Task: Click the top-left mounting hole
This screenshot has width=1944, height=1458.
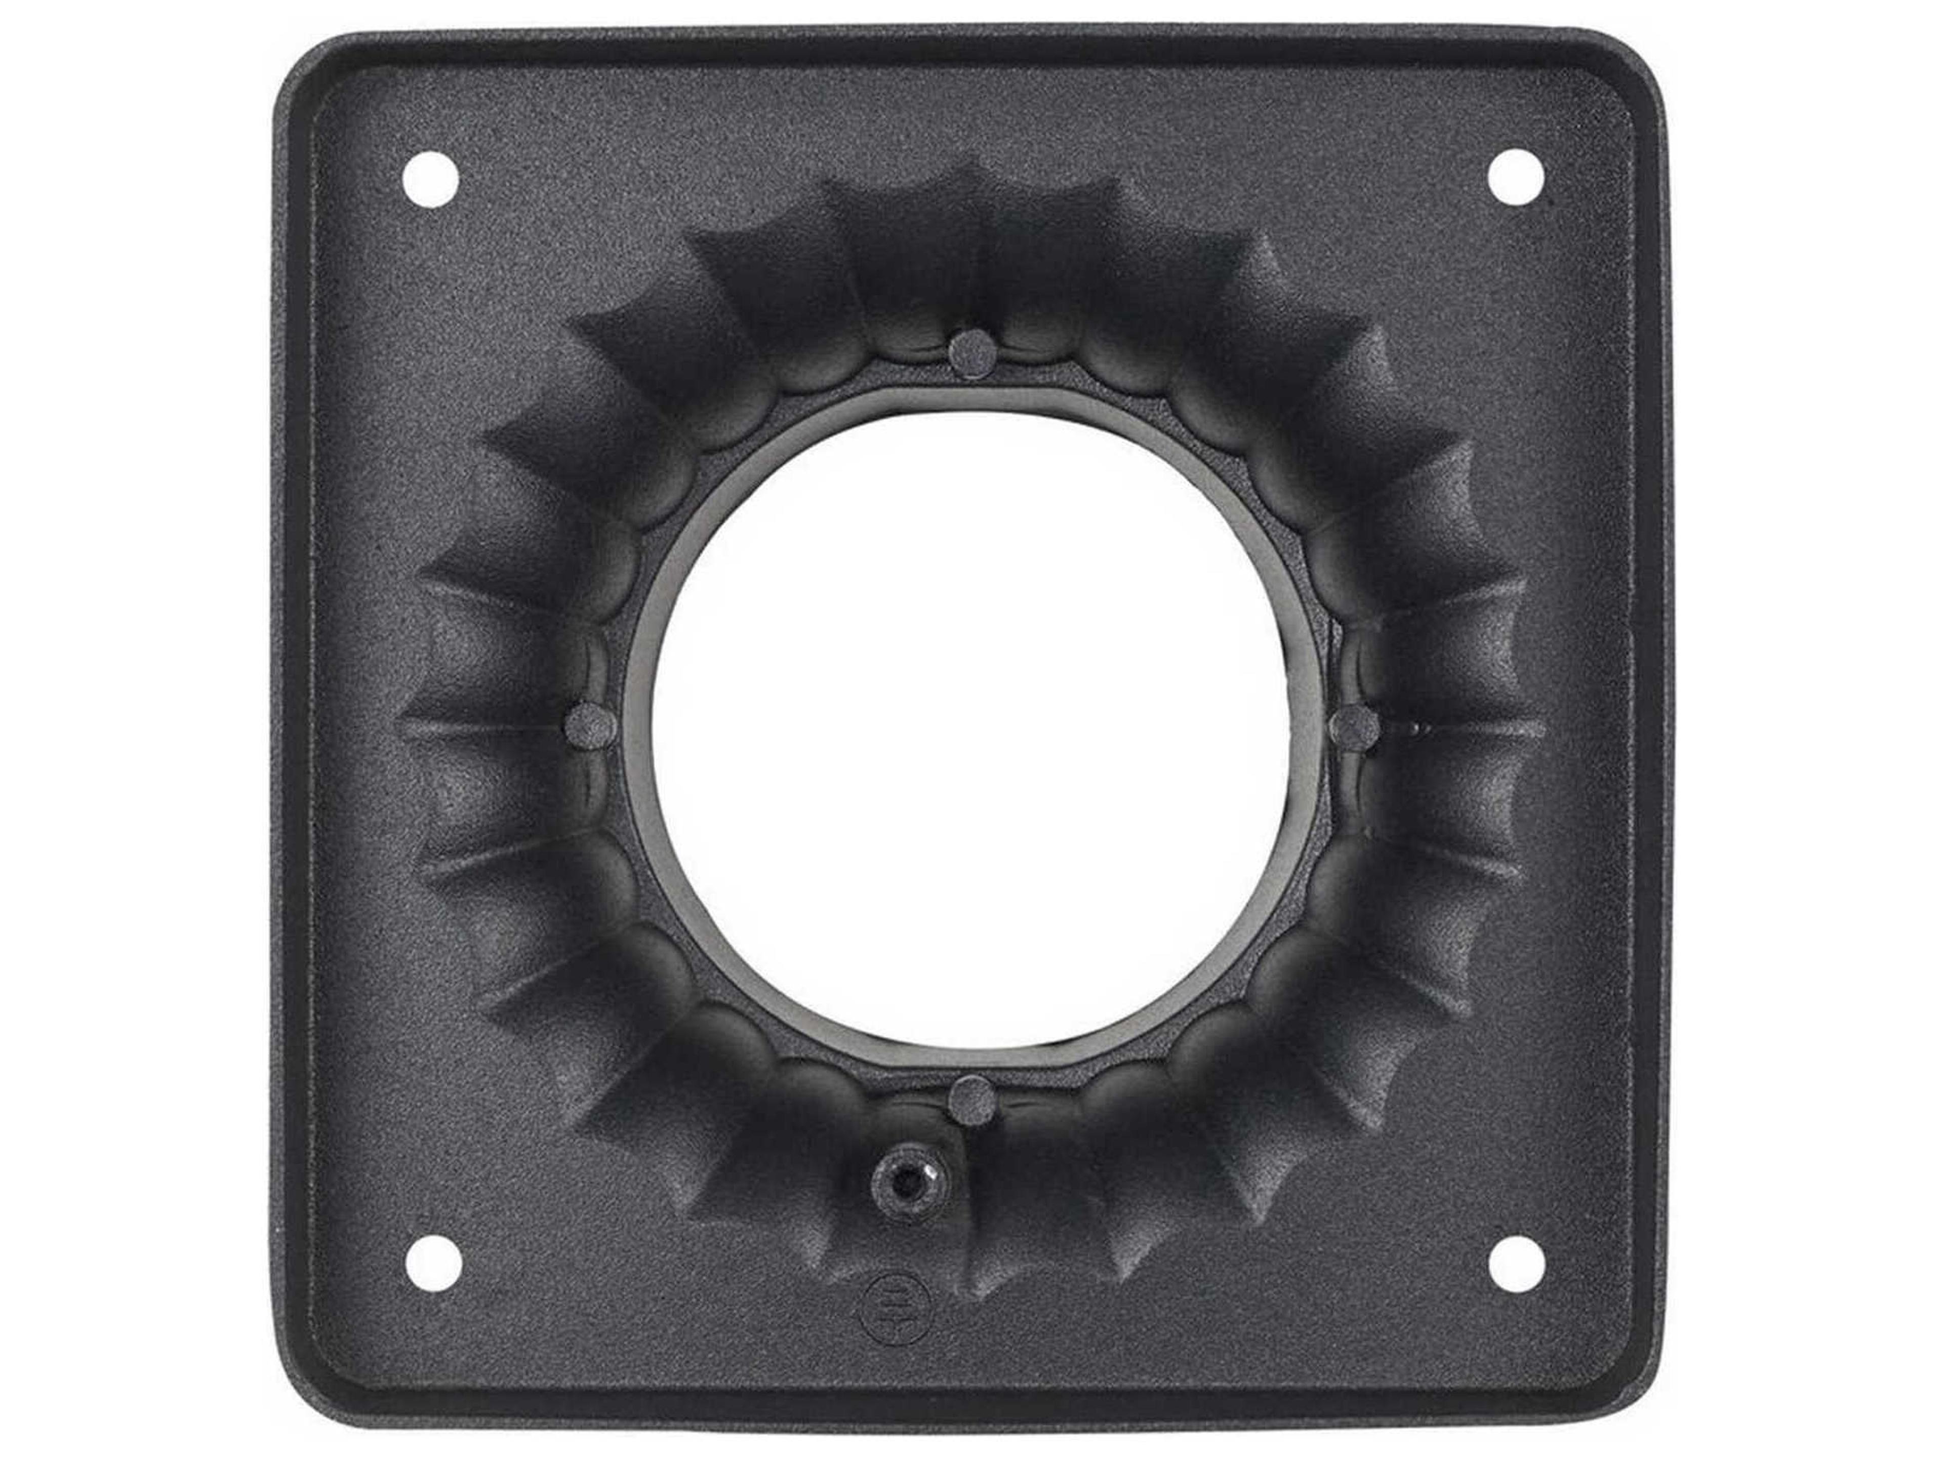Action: point(431,180)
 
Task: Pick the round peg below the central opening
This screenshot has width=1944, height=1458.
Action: point(972,1099)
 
